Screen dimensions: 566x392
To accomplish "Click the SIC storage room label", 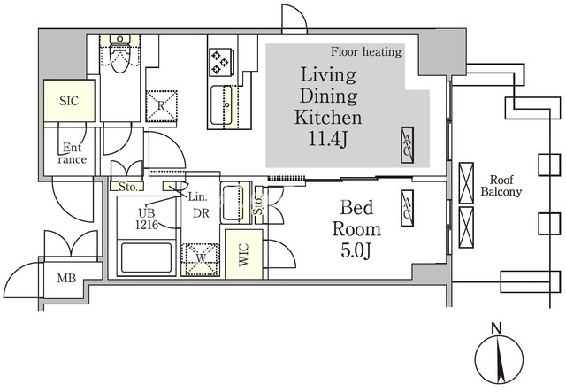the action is pos(69,101).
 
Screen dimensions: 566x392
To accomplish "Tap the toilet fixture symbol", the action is pos(120,54).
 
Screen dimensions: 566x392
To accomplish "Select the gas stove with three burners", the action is pos(220,62).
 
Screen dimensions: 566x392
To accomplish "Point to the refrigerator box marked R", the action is pos(161,106).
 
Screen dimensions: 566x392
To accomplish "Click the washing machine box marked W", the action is pos(201,259).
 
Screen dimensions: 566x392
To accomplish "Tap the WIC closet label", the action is pos(244,255).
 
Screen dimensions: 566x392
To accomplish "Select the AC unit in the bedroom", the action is pos(407,209).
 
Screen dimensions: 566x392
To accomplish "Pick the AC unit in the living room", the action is pos(407,145).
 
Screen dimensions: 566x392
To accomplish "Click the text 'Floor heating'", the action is pos(366,52).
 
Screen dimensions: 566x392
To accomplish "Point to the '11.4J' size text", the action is pos(328,139).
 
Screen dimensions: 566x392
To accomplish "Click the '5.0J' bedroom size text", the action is pos(356,251).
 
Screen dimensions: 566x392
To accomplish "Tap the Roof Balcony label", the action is pos(501,185).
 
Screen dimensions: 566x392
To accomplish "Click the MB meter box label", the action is pos(67,278).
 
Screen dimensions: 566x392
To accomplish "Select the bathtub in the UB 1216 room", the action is pos(146,258).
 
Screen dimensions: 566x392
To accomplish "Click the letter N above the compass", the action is pos(497,328).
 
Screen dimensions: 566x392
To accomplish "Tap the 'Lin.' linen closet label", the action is pos(198,197).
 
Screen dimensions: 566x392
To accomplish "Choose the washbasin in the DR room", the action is pos(236,203).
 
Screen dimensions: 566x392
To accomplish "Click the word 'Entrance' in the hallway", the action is pos(73,153).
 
